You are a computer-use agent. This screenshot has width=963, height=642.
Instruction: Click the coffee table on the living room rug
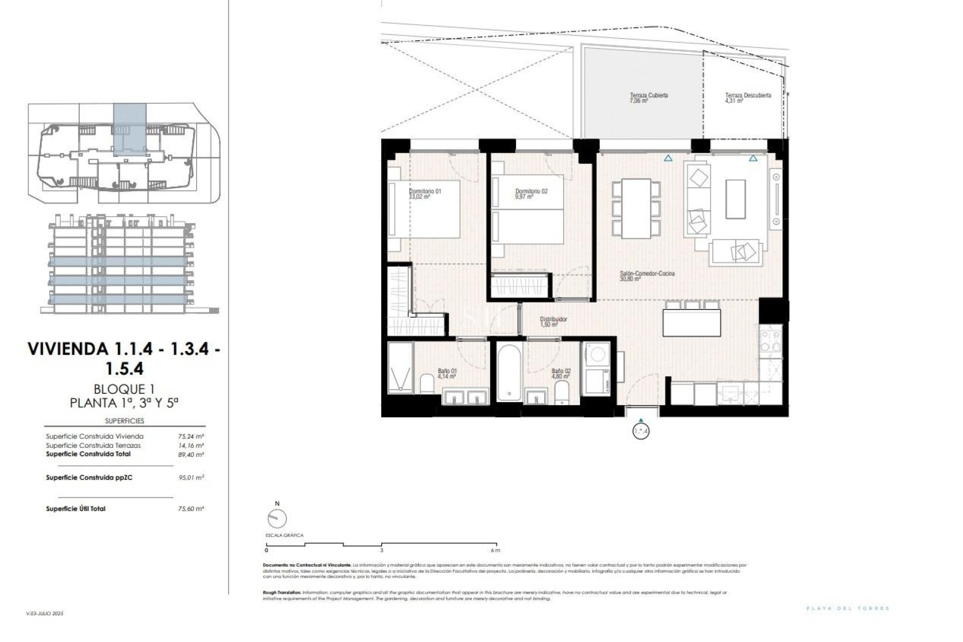[x=735, y=199]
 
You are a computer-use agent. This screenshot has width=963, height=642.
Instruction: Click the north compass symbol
[x=277, y=519]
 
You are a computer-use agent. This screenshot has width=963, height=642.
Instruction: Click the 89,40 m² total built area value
[x=191, y=454]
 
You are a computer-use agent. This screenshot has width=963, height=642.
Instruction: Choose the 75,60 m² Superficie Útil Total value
[x=191, y=509]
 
